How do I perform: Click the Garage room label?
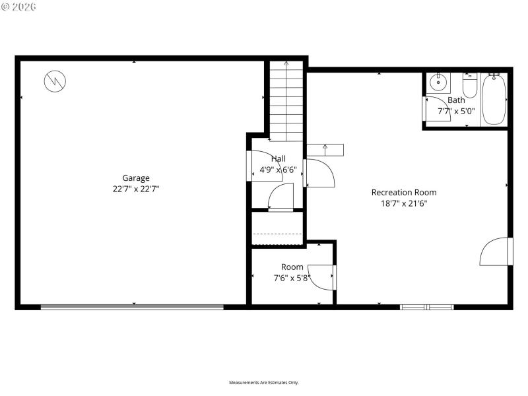(136, 178)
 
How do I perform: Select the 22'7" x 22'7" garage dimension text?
(136, 189)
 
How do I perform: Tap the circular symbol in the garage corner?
(55, 81)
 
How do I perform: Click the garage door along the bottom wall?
(132, 306)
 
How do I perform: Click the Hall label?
(279, 158)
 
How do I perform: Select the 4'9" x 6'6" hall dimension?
(278, 170)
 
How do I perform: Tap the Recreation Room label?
(404, 192)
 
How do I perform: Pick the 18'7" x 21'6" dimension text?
(404, 203)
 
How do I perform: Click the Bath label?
(456, 100)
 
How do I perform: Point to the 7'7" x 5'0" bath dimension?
(456, 111)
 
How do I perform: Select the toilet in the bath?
(469, 85)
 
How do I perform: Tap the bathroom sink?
(438, 83)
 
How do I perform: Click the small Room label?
(292, 267)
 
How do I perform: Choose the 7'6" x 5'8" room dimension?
(292, 278)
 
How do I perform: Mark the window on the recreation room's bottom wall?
(427, 307)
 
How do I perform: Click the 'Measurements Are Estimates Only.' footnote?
(264, 382)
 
